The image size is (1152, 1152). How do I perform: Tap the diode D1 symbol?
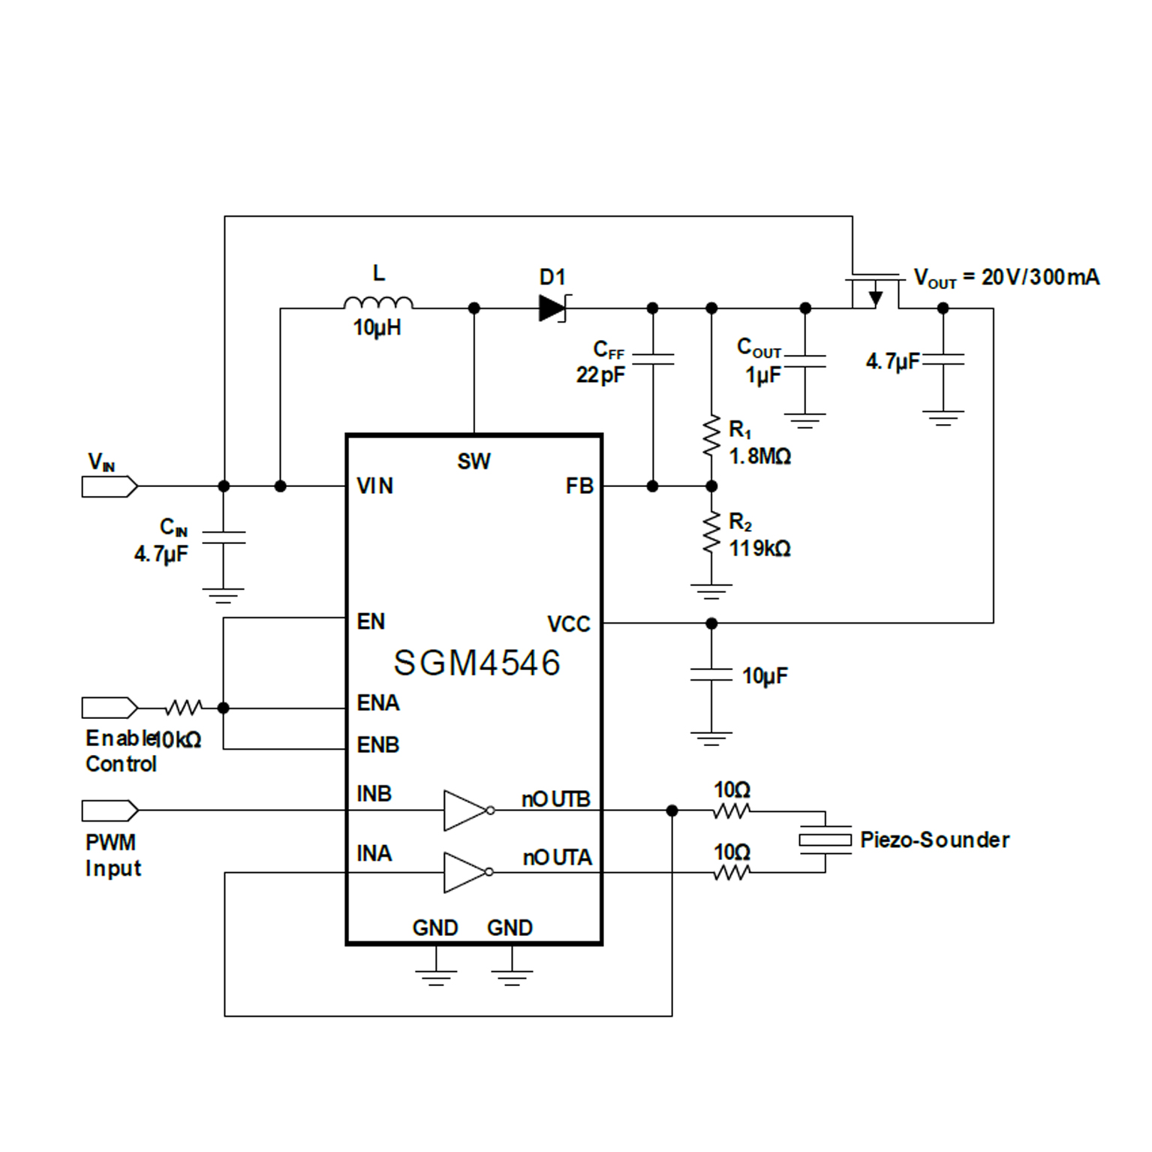point(552,308)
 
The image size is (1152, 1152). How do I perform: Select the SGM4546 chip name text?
point(477,663)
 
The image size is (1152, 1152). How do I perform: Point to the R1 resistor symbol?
point(711,438)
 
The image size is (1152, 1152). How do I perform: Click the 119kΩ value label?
point(759,549)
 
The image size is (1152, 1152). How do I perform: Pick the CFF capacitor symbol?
point(653,359)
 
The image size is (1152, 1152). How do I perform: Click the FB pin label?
point(579,486)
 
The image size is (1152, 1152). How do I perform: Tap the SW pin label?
point(474,462)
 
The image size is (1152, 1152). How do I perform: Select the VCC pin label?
point(568,624)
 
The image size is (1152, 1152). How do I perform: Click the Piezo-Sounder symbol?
point(825,841)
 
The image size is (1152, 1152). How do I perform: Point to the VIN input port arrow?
point(110,487)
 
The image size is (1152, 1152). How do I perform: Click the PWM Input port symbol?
point(110,811)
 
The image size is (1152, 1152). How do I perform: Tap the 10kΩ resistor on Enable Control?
point(183,708)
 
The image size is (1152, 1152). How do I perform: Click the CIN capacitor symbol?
point(224,537)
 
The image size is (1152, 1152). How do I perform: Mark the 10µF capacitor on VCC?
point(711,675)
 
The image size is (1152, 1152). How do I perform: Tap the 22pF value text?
point(600,374)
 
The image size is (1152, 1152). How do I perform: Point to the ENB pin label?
point(377,745)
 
